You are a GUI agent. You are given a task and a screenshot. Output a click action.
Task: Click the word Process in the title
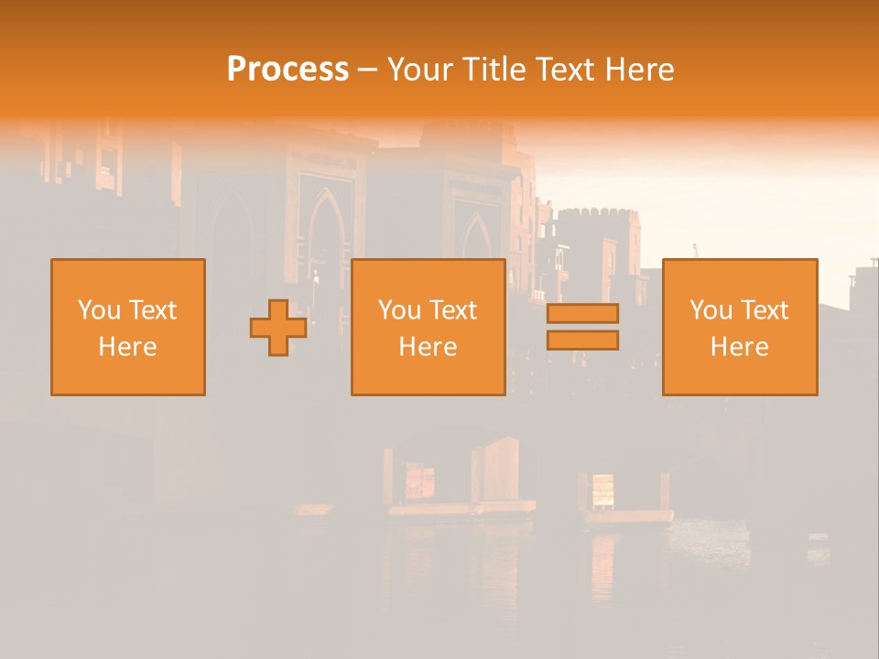[288, 70]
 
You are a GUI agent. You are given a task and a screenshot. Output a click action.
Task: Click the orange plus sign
[278, 328]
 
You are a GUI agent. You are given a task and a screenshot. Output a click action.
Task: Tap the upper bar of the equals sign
[582, 313]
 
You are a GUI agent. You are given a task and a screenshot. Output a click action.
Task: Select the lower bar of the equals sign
[582, 340]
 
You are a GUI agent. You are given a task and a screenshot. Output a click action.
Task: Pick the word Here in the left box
[127, 347]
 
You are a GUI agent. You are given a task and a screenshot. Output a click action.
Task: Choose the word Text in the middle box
[453, 310]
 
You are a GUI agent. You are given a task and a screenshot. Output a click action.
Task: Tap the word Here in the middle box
[428, 347]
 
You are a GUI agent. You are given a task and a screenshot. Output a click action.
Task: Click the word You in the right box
[711, 310]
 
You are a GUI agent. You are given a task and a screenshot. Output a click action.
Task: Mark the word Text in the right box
[765, 310]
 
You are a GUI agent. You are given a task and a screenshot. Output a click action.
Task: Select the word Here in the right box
[739, 347]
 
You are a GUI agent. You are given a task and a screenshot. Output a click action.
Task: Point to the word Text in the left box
[153, 310]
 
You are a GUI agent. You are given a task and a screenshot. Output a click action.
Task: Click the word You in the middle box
[400, 310]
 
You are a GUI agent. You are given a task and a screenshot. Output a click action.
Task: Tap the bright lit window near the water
[602, 489]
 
